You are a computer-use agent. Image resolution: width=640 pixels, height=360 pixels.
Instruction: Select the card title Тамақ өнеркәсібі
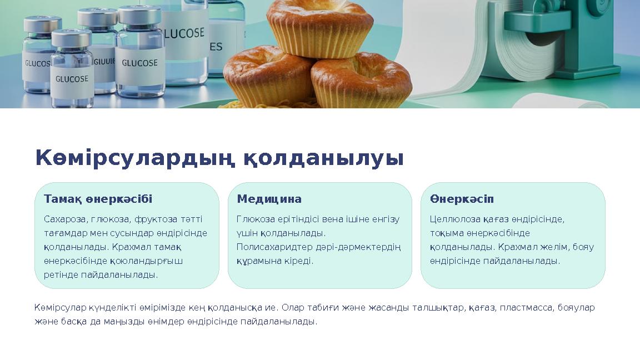(98, 199)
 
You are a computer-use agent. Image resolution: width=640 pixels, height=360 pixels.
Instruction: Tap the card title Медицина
(269, 199)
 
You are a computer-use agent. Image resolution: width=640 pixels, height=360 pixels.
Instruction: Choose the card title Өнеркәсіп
(461, 199)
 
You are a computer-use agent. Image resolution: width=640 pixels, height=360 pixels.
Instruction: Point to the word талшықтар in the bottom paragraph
(437, 308)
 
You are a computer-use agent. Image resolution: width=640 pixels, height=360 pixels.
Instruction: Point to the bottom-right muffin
(361, 81)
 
